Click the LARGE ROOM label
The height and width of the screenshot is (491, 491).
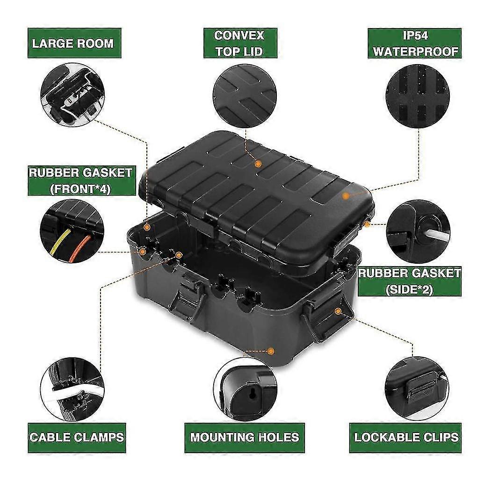pyautogui.click(x=72, y=43)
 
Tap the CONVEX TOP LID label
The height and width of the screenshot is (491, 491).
pyautogui.click(x=240, y=43)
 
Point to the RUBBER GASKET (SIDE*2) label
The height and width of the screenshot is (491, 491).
pyautogui.click(x=410, y=281)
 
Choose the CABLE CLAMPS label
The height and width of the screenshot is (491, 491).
pyautogui.click(x=77, y=437)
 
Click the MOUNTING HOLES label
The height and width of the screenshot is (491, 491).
pyautogui.click(x=244, y=438)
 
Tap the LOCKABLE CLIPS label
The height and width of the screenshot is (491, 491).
pyautogui.click(x=406, y=438)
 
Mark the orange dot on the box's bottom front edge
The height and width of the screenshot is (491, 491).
pyautogui.click(x=270, y=351)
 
